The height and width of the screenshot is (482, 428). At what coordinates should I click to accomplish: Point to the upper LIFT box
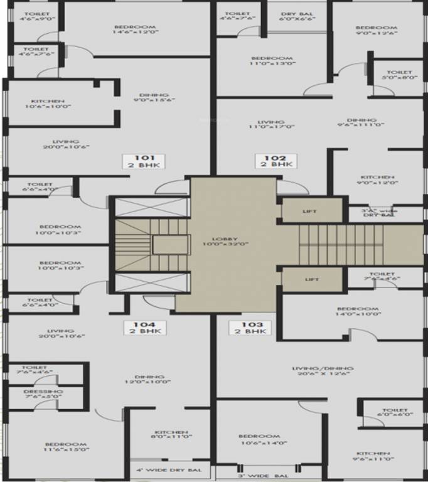[311, 211]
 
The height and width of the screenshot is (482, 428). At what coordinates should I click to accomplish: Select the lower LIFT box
[311, 279]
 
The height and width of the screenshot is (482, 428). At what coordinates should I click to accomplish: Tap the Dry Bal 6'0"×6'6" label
[297, 16]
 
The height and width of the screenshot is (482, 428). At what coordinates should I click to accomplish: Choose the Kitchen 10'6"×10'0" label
[48, 104]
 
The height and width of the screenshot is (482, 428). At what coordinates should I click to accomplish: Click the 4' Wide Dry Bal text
[169, 470]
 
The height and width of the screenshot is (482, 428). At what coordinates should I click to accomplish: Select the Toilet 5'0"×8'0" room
[399, 75]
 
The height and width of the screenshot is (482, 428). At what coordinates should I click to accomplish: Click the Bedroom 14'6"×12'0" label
[134, 31]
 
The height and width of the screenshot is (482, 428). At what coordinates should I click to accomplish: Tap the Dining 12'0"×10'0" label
[140, 378]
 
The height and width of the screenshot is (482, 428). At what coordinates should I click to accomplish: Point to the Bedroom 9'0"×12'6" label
[376, 31]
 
